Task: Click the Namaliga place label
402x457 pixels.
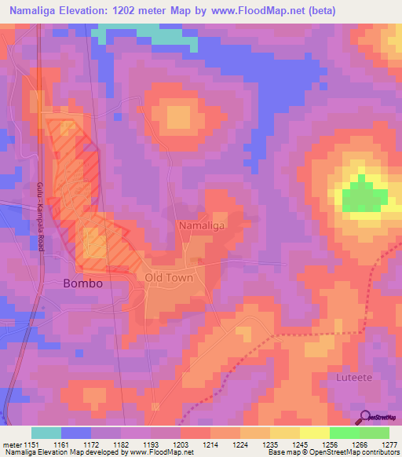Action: click(x=202, y=225)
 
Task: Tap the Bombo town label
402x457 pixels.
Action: click(x=82, y=283)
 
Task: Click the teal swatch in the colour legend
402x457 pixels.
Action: click(x=46, y=433)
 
